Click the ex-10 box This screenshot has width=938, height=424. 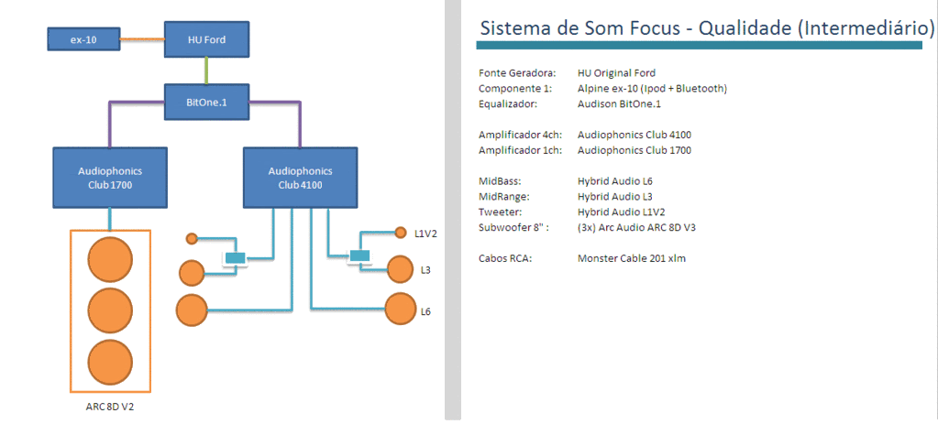click(x=83, y=39)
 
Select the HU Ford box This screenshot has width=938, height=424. click(x=206, y=39)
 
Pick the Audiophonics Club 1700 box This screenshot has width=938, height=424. click(x=110, y=178)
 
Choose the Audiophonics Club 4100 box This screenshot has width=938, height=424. click(x=299, y=178)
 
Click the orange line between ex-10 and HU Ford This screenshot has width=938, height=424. click(x=142, y=39)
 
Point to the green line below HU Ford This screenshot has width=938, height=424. click(x=207, y=70)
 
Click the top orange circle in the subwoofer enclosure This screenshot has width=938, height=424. click(x=110, y=260)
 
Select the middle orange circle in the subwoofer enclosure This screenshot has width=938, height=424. click(x=110, y=310)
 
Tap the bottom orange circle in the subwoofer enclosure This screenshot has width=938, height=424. click(x=110, y=363)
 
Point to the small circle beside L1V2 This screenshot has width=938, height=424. click(x=400, y=233)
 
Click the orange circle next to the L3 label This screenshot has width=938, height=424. click(x=401, y=269)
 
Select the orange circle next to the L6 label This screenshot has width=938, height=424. click(x=401, y=309)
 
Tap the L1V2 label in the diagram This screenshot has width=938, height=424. click(x=425, y=234)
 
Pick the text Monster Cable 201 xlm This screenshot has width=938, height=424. click(x=632, y=258)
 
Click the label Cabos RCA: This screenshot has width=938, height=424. click(x=505, y=258)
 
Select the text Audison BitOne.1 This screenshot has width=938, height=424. click(x=619, y=103)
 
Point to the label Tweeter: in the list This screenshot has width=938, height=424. click(x=500, y=212)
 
